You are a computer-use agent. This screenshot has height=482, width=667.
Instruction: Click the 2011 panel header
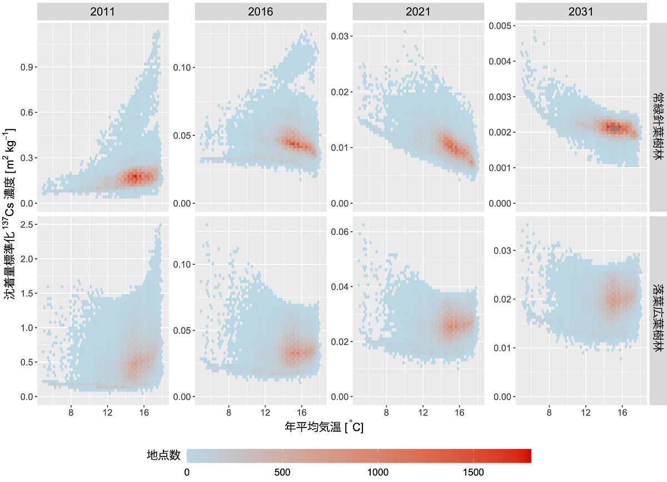tap(103, 11)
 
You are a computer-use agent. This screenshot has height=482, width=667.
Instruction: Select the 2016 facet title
tap(260, 11)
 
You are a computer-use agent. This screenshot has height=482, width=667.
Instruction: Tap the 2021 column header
tap(418, 11)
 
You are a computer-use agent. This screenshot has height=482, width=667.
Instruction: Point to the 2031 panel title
tap(581, 11)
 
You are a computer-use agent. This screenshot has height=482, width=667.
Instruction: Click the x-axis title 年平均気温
tap(324, 428)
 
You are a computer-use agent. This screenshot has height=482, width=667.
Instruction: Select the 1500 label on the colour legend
tap(472, 472)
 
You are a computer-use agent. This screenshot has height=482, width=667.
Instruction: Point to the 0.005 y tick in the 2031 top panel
tap(499, 26)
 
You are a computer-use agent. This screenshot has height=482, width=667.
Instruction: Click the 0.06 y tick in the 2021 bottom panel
tap(341, 232)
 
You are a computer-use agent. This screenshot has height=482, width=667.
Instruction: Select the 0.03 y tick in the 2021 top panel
tap(341, 36)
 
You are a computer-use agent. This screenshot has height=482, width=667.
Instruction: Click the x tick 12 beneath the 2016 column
tap(265, 412)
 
